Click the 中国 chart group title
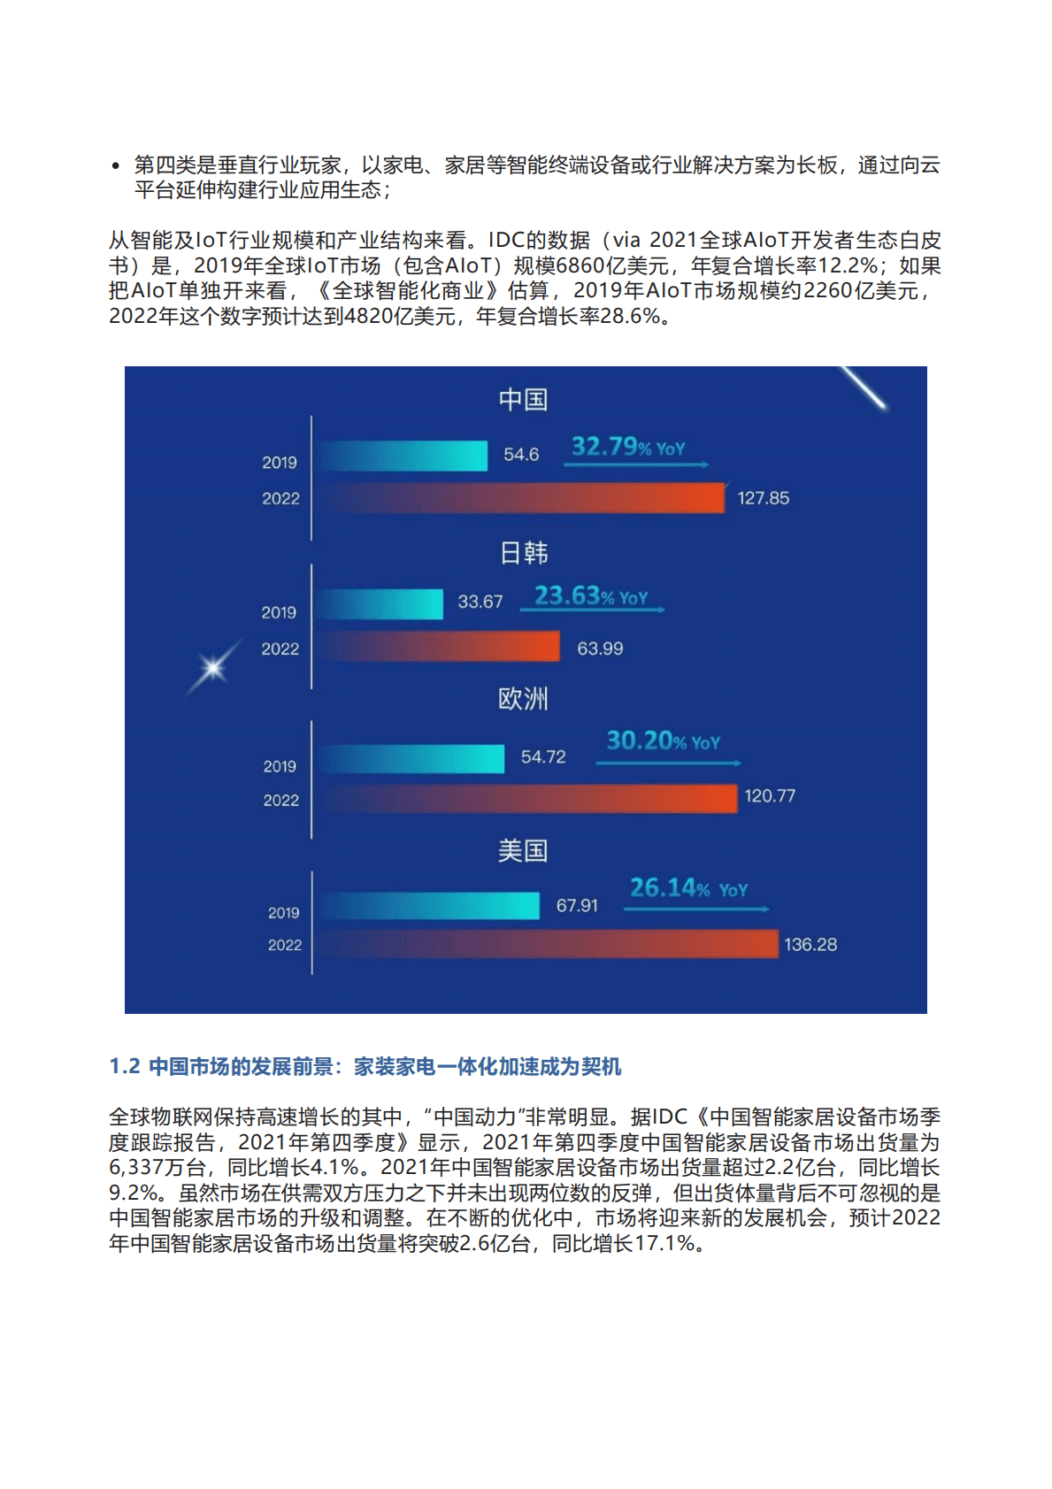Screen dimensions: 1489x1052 tap(523, 400)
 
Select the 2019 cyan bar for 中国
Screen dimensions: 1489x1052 tap(403, 456)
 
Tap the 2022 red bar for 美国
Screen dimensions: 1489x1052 tap(549, 944)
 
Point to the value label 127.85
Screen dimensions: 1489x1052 tap(763, 498)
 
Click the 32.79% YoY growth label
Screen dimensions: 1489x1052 tap(627, 447)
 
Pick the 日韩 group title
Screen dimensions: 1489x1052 tap(524, 553)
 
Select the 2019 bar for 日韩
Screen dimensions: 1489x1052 tap(381, 604)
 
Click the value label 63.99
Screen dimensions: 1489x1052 tap(600, 649)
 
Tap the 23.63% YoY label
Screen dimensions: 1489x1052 tap(591, 596)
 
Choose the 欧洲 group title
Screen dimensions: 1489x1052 tap(523, 699)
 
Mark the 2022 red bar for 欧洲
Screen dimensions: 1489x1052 tap(529, 799)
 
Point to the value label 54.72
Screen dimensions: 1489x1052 tap(543, 757)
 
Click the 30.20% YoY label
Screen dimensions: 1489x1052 tap(663, 741)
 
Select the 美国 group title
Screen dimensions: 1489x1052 tap(523, 851)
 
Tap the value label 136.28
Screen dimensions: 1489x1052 tap(810, 945)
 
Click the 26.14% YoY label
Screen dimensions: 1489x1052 tap(688, 887)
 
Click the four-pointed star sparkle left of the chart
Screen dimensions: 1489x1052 tap(213, 668)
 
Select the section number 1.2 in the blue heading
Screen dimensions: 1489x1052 tap(125, 1066)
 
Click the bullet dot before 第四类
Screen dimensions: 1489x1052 tap(116, 165)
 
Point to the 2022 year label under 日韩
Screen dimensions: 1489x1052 tap(280, 649)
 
